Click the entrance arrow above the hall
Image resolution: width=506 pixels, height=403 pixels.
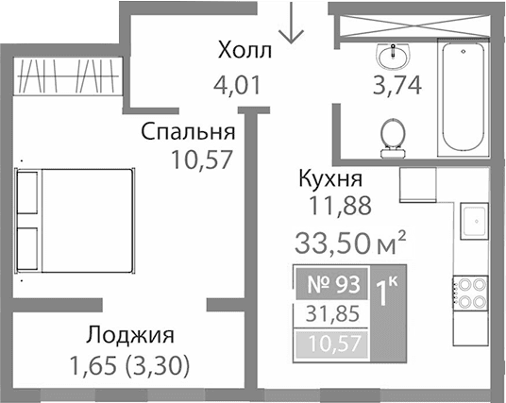pyautogui.click(x=293, y=24)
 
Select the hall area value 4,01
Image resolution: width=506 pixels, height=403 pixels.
pyautogui.click(x=237, y=92)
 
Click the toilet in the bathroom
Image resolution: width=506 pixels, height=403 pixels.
pyautogui.click(x=393, y=137)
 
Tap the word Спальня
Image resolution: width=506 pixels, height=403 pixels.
pyautogui.click(x=187, y=130)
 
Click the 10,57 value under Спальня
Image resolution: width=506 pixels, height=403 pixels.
pyautogui.click(x=202, y=158)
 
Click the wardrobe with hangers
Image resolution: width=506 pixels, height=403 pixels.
pyautogui.click(x=67, y=75)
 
